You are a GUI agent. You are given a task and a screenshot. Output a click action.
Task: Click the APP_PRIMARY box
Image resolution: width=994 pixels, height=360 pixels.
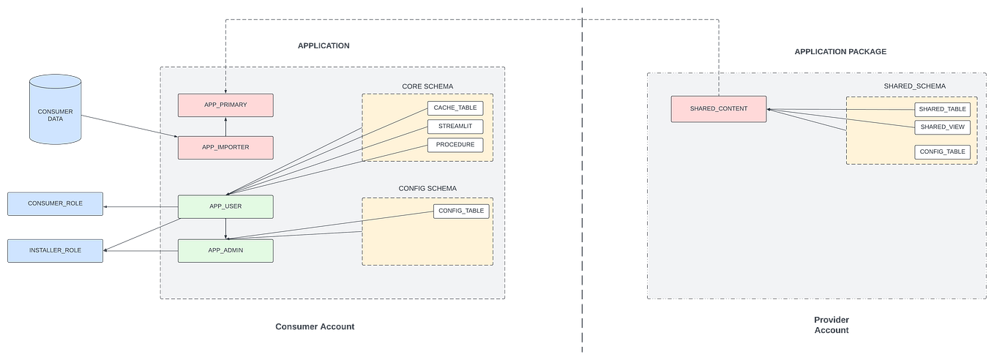click(225, 105)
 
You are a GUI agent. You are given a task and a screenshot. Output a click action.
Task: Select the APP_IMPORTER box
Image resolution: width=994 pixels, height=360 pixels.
click(225, 147)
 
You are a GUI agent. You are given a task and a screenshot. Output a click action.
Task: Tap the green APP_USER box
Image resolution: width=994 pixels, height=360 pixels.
click(225, 206)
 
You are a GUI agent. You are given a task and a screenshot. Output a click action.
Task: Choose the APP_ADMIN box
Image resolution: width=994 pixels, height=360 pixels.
click(225, 250)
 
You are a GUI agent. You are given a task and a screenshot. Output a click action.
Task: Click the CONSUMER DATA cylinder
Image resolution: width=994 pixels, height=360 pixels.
click(55, 110)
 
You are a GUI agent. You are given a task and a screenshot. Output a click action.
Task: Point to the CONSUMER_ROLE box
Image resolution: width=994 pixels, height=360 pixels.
click(55, 203)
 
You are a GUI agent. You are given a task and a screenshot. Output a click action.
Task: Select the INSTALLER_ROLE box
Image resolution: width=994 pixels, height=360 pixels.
click(55, 250)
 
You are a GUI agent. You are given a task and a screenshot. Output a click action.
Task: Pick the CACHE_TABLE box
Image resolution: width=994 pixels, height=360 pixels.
click(455, 108)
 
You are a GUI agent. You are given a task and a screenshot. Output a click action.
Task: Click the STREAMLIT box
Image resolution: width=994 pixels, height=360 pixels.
click(455, 126)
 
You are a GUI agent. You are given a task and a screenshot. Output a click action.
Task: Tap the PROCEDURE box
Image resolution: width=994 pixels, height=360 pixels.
click(455, 145)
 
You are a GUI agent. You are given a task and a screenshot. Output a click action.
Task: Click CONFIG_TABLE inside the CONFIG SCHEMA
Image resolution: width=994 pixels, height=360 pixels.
click(461, 211)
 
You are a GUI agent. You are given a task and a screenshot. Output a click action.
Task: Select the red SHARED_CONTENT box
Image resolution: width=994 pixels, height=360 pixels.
click(719, 109)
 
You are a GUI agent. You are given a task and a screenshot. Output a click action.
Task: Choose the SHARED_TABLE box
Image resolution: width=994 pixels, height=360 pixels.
click(943, 109)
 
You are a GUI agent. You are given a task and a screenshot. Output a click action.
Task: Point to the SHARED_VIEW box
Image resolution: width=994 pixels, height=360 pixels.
click(943, 127)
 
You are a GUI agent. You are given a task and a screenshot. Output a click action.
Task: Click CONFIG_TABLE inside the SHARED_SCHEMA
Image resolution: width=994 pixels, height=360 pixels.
click(943, 152)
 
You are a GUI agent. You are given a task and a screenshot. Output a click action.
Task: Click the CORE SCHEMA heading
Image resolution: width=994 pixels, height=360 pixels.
click(427, 86)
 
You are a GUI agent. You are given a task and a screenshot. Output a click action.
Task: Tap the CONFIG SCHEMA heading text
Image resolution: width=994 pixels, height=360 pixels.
click(427, 189)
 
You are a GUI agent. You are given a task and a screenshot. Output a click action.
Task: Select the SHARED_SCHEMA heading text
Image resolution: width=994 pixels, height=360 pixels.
click(914, 86)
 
